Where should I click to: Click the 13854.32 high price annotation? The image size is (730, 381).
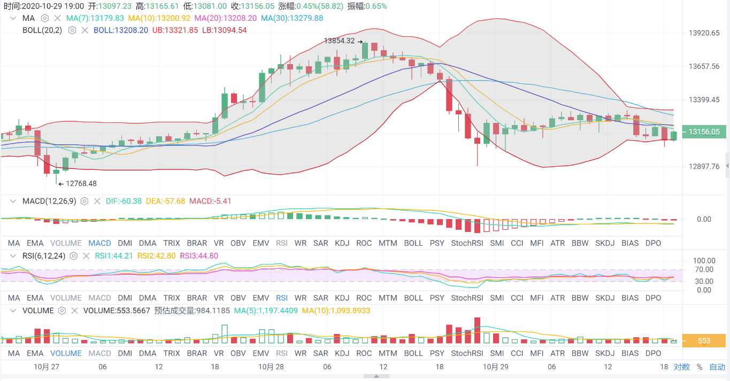(340, 41)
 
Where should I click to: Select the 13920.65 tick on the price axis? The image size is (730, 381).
(704, 33)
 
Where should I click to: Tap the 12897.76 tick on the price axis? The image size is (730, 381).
(704, 166)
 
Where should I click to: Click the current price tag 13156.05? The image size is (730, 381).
(704, 131)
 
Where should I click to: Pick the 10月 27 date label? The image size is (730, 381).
(45, 367)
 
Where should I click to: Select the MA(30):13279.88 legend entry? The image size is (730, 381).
(292, 18)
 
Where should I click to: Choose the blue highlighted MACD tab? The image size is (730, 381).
(100, 243)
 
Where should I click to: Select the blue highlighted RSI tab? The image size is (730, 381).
(281, 298)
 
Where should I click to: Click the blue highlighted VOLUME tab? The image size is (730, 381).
(66, 353)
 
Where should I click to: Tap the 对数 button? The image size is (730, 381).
(681, 367)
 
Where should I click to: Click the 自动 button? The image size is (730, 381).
(717, 367)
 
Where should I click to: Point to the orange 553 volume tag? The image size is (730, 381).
(704, 341)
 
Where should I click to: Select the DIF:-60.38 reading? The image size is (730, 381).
(124, 201)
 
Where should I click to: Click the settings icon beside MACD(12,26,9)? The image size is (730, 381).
(84, 201)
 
